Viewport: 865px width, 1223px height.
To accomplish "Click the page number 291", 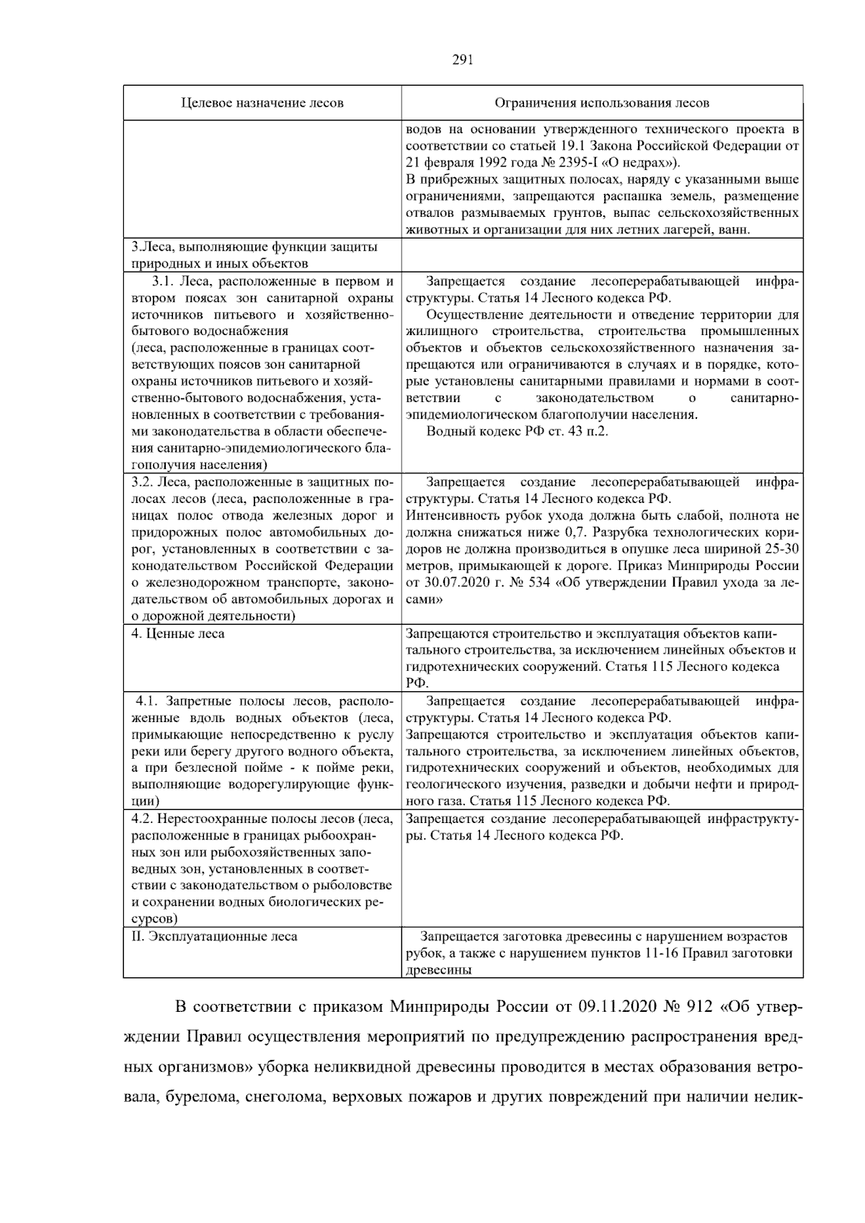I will [462, 61].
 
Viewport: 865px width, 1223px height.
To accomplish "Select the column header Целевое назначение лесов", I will [262, 103].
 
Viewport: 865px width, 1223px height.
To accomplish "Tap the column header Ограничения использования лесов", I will [602, 103].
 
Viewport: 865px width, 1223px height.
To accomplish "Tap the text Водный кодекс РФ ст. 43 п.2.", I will [518, 431].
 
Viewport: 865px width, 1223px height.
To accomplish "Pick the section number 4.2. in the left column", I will [143, 819].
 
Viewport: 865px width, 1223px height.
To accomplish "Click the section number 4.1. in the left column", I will [148, 701].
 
